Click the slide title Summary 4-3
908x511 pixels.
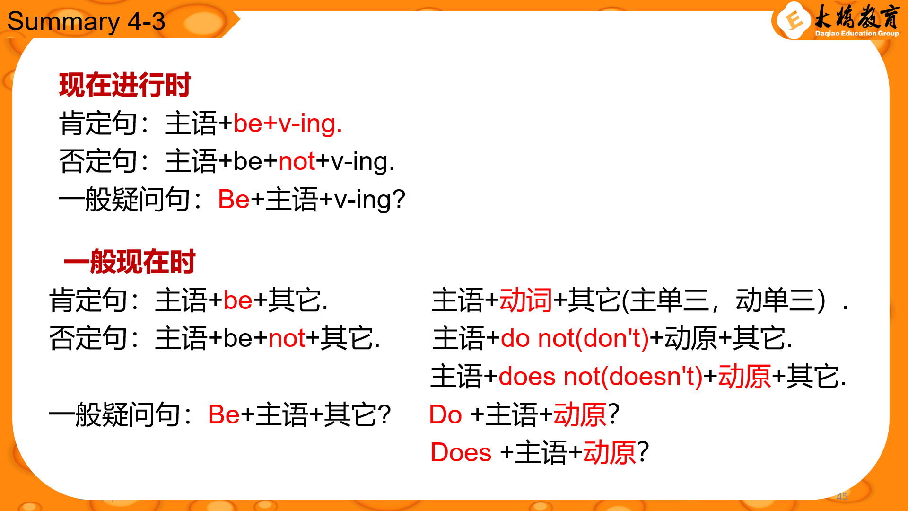pos(86,22)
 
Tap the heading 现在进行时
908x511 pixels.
pos(125,85)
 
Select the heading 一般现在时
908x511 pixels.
pos(130,262)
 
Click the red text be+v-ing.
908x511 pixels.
pos(288,124)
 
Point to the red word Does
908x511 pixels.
pos(461,452)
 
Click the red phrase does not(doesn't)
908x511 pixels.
pos(601,377)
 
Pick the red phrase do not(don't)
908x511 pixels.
pos(575,339)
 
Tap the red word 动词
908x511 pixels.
pos(526,300)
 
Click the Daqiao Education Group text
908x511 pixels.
pos(857,34)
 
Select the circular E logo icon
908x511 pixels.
pos(794,20)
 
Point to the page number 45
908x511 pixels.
pos(842,496)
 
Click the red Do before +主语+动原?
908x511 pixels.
pos(445,415)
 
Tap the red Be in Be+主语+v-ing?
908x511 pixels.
pos(234,199)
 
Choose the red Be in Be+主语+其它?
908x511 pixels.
pos(224,415)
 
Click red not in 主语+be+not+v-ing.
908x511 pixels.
pos(297,162)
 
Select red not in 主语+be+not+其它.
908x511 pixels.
pos(287,339)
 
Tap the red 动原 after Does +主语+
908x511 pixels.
pos(610,453)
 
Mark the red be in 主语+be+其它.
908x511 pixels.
pos(238,300)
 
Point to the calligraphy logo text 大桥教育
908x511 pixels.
pos(856,17)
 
